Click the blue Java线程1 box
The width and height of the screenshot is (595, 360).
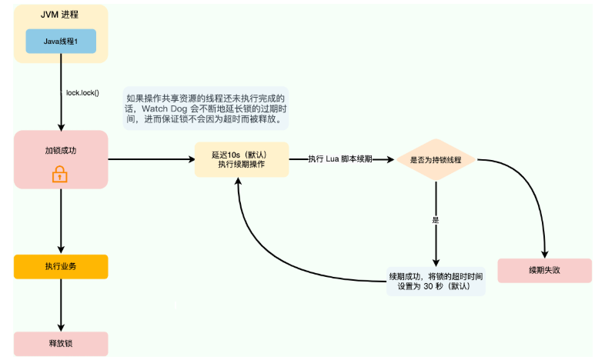61,41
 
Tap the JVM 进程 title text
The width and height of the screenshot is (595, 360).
61,14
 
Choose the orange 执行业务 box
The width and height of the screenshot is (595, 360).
61,266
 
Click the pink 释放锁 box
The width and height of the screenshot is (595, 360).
61,342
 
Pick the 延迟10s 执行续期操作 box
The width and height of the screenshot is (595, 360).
242,159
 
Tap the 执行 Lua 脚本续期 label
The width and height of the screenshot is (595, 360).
340,158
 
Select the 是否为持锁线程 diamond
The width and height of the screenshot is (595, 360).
436,160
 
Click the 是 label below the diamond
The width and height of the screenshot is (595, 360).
436,220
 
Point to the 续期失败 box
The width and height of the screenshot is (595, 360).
544,270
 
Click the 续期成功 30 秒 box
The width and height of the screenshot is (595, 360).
436,282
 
